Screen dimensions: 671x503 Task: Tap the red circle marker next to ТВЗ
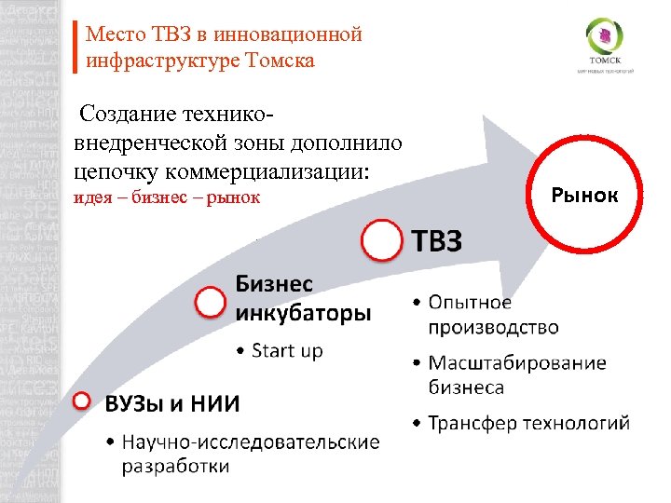tap(384, 240)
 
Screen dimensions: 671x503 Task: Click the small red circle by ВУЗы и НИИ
tap(82, 401)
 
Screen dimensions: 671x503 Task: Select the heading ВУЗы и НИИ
tap(172, 403)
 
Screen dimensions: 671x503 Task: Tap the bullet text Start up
tap(287, 350)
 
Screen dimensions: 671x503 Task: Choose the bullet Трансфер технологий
tap(528, 424)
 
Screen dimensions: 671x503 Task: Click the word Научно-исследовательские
tap(250, 442)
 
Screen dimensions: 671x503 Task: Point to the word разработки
tap(175, 466)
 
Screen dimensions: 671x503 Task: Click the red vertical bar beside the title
tap(75, 48)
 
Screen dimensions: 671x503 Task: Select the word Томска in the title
tap(281, 61)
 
